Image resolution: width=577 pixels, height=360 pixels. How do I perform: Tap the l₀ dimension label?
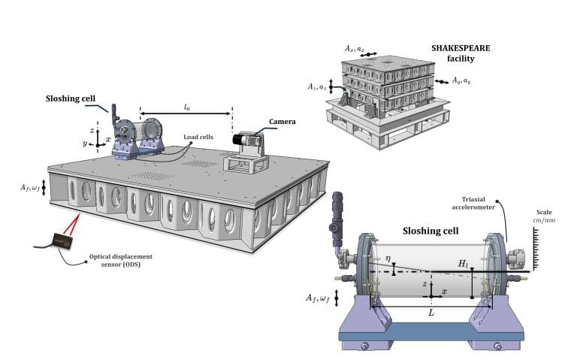pos(186,107)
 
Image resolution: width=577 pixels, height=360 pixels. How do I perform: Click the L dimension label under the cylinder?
pos(430,310)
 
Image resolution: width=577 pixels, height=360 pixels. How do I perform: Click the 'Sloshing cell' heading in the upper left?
pos(71,98)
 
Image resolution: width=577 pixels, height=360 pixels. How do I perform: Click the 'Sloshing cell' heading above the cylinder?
pos(431,231)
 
